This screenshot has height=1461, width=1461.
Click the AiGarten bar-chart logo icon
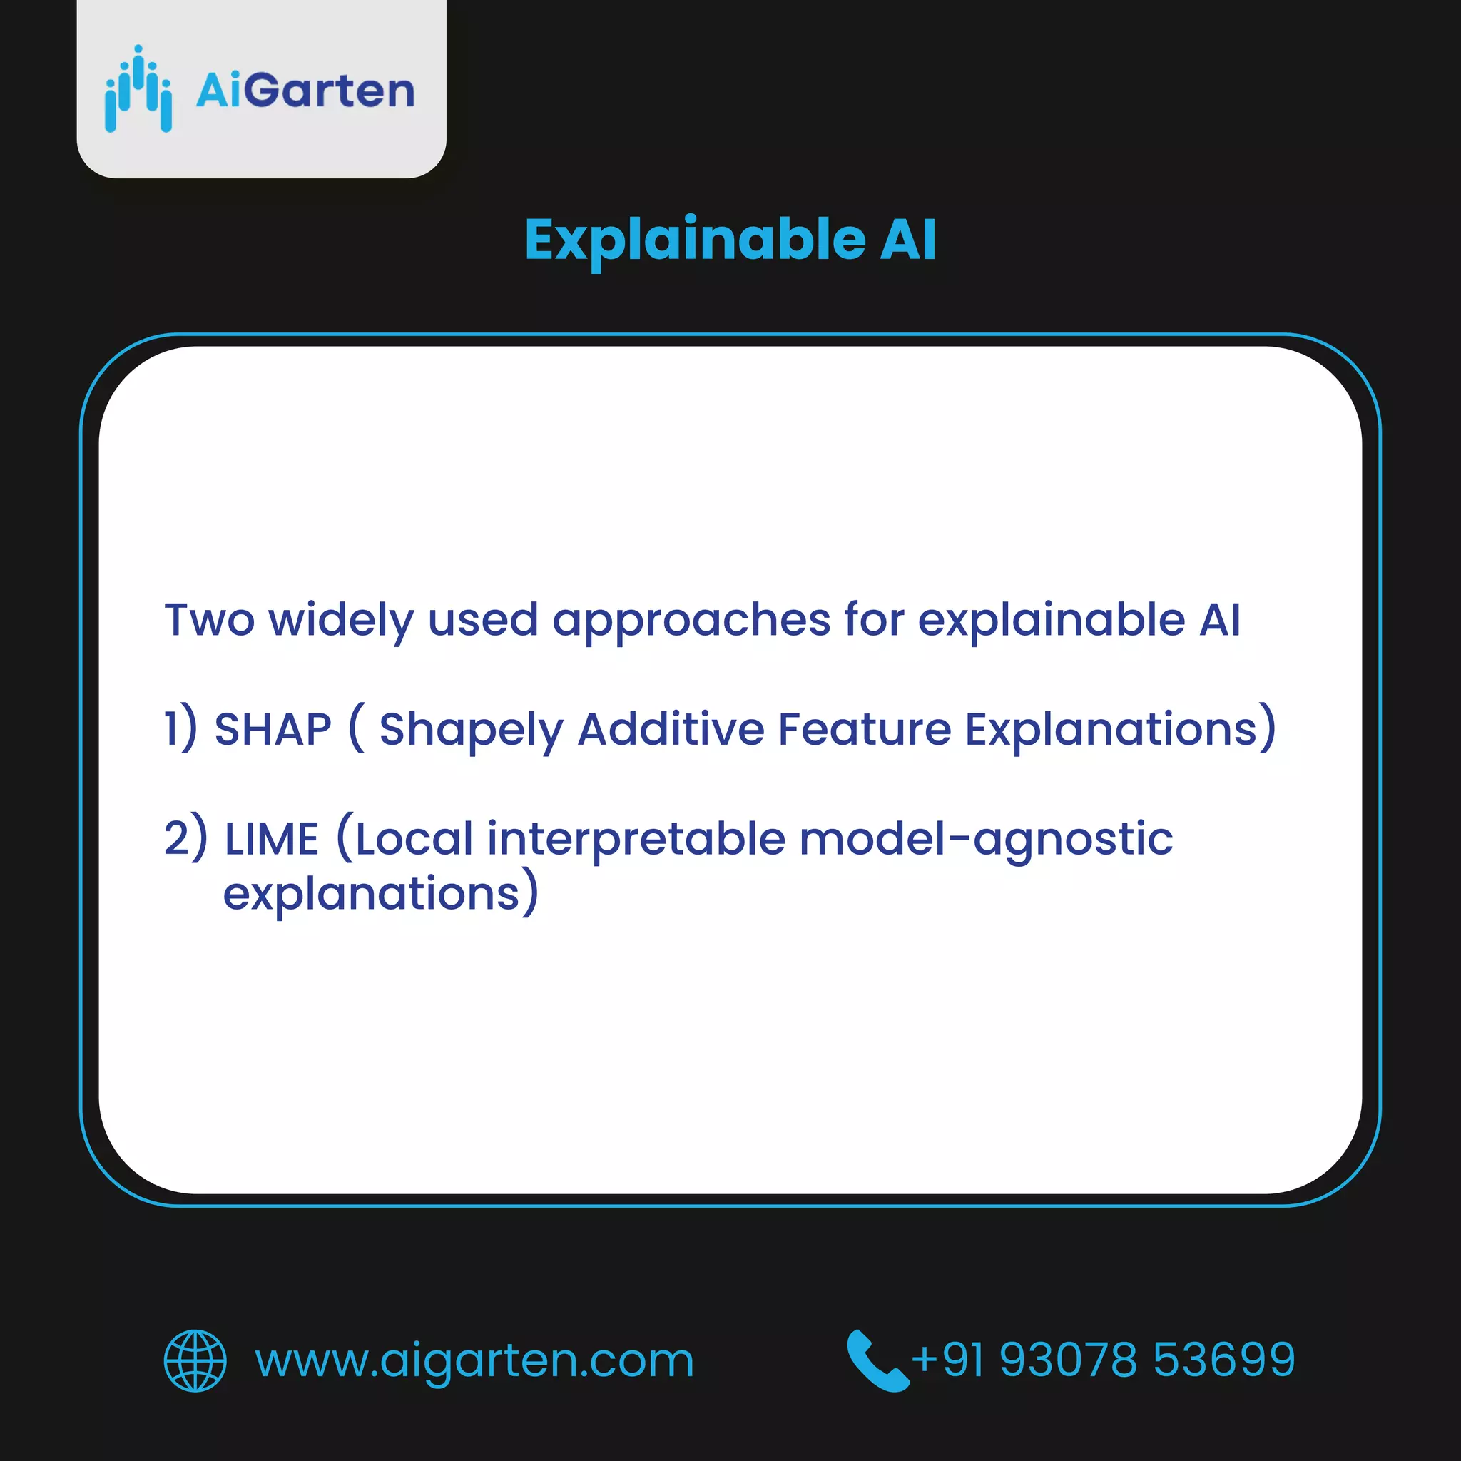(x=138, y=89)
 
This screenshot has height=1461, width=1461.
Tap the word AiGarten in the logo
(x=305, y=91)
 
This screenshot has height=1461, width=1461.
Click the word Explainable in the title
(x=695, y=240)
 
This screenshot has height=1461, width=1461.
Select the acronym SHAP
(x=273, y=730)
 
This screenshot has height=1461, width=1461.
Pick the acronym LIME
(x=273, y=840)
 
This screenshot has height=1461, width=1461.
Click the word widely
(x=341, y=621)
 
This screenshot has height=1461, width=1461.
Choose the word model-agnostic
(x=986, y=840)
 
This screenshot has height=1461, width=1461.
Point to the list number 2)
(x=185, y=839)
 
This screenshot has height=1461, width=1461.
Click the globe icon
(x=195, y=1360)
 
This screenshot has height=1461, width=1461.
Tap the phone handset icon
(x=877, y=1360)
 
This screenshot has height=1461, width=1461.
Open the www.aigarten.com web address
(x=474, y=1361)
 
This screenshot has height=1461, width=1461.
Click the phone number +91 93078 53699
(x=1104, y=1360)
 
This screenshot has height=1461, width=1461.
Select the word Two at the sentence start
(x=210, y=621)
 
